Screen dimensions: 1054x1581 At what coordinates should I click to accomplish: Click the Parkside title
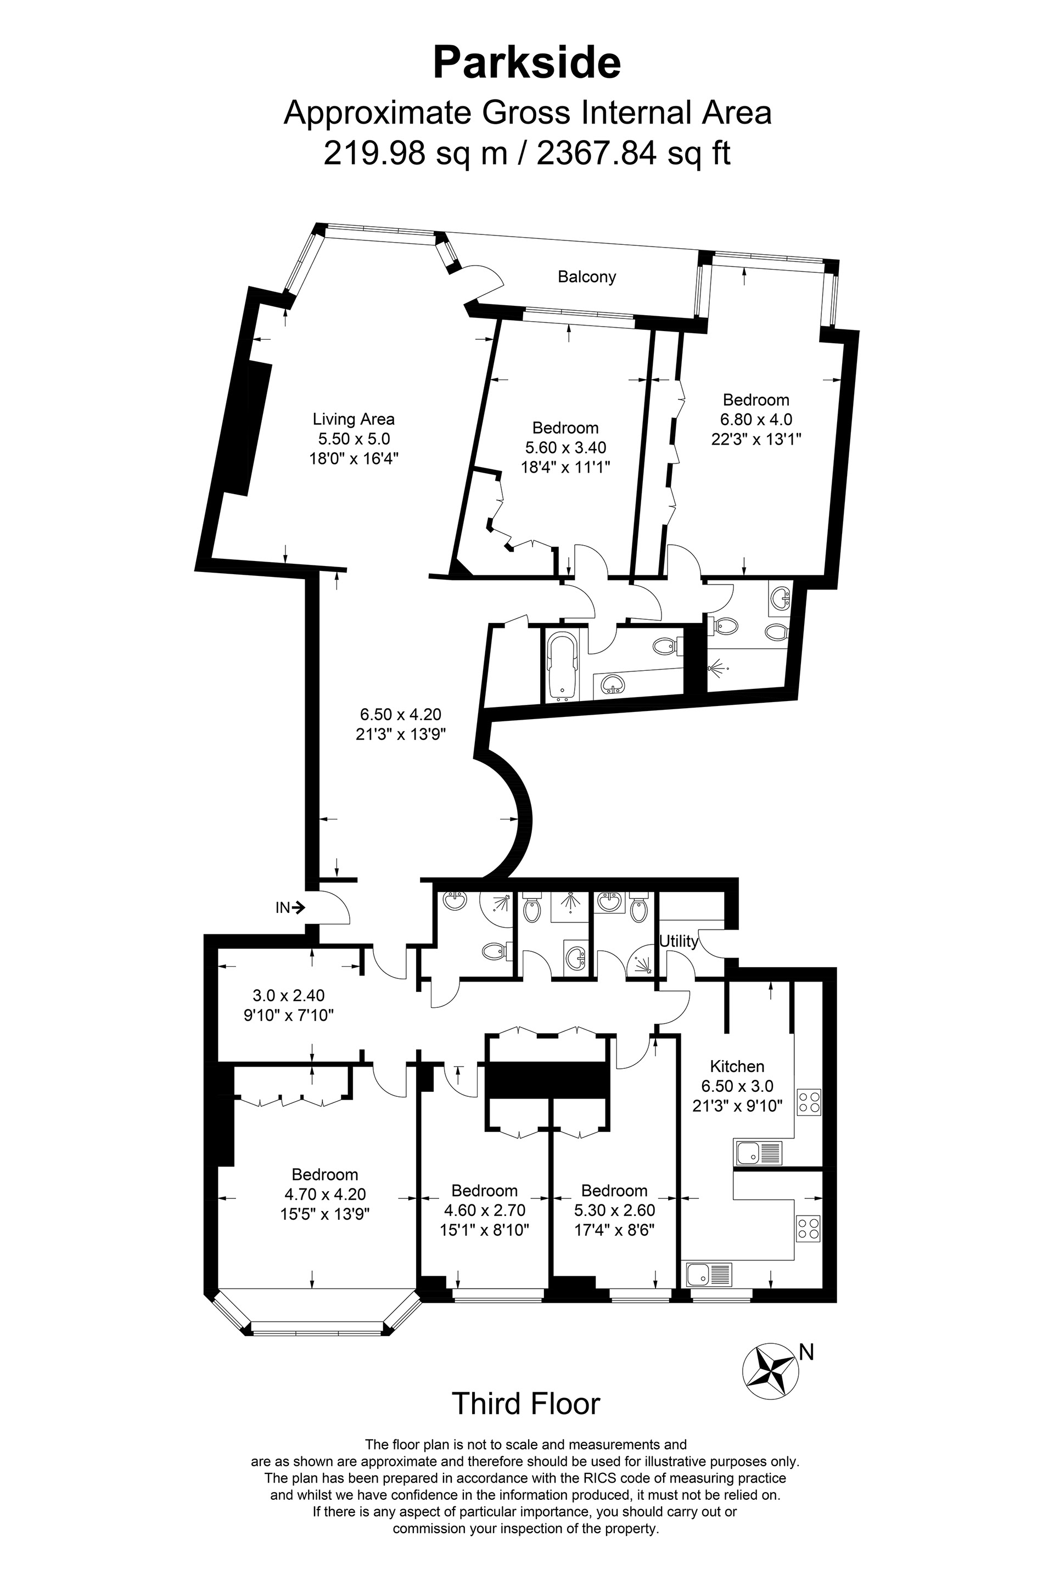click(526, 63)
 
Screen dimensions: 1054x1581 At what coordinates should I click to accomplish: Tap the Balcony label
click(587, 276)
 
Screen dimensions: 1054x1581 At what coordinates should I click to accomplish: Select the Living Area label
click(354, 419)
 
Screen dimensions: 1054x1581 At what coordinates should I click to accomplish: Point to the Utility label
click(679, 941)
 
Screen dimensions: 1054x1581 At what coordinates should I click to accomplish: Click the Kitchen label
click(737, 1066)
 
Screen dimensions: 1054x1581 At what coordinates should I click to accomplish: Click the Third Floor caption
click(526, 1417)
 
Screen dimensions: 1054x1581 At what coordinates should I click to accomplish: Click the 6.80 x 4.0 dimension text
click(756, 419)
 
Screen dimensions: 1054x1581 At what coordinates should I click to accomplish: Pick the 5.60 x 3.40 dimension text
click(565, 447)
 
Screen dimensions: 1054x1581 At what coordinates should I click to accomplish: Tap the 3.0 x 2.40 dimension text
click(289, 995)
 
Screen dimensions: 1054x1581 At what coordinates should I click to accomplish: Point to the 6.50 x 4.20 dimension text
click(400, 715)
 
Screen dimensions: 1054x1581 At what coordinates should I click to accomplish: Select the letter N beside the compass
click(806, 1352)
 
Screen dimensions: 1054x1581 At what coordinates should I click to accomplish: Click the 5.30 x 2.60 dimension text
click(614, 1210)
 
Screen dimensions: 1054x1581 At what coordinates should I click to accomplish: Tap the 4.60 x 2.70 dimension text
click(485, 1210)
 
